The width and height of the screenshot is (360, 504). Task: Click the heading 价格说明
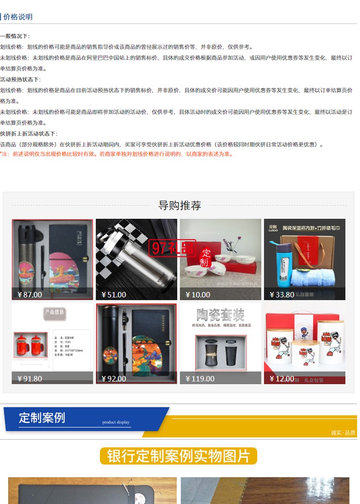pos(18,17)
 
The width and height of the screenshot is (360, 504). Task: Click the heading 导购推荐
pos(180,205)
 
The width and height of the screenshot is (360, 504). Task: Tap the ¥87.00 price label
pos(30,294)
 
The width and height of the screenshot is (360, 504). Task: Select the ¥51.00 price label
pos(114,294)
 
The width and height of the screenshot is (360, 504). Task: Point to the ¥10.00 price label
pos(198,294)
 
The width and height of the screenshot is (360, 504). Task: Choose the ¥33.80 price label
pos(282,294)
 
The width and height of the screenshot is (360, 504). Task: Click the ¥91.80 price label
pos(30,378)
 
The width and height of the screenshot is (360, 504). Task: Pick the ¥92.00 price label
pos(114,378)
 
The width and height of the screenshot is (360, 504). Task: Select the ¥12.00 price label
pos(282,378)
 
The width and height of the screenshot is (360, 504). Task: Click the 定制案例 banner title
pos(42,417)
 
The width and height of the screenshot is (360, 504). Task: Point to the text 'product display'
pos(116,422)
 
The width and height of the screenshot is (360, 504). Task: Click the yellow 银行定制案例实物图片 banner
pos(179,456)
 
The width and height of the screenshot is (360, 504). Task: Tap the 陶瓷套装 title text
pos(220,315)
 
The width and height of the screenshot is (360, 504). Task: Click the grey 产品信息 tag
pos(54,312)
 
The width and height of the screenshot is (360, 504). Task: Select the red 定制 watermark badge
pos(205,257)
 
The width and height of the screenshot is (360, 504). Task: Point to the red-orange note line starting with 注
pos(117,154)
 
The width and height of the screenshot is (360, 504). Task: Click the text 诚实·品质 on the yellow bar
pos(343,432)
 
